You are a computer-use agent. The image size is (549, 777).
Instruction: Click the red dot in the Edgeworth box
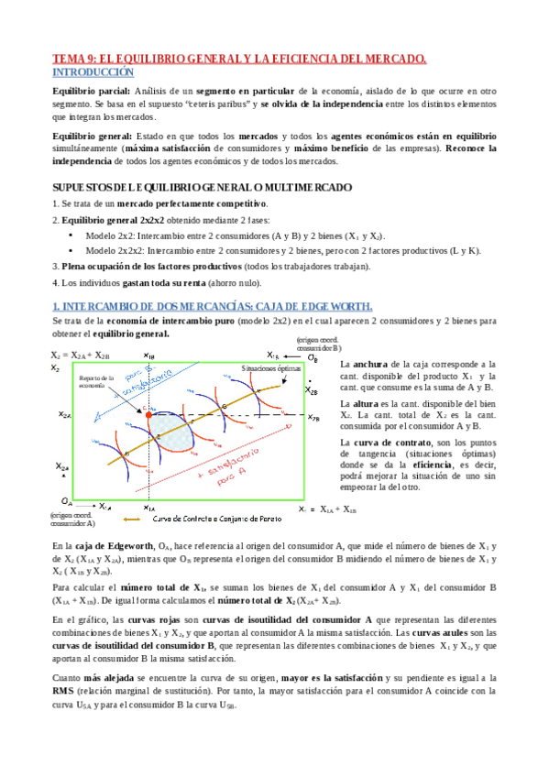pos(148,415)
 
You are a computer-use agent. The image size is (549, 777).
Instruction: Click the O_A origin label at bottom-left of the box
pos(67,501)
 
